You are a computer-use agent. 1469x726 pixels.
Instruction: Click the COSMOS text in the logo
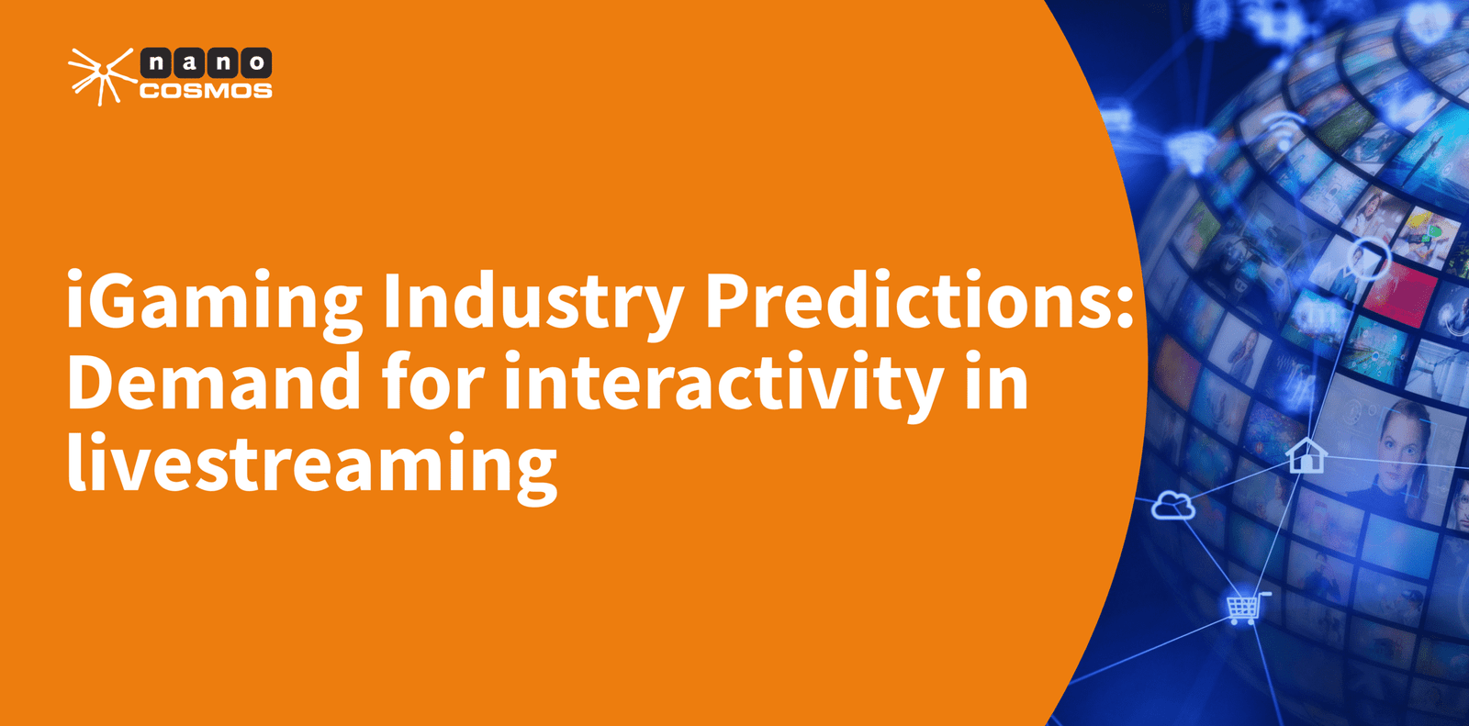pos(206,91)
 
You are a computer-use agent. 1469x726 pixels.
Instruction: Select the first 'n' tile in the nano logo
pos(155,63)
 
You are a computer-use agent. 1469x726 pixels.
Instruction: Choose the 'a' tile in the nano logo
pos(189,63)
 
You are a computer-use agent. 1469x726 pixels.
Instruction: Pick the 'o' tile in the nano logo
pos(256,63)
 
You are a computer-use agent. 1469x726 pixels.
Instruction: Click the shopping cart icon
pos(1247,608)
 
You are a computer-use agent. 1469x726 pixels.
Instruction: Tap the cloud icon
pos(1173,506)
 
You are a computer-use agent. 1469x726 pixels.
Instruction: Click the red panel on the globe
pos(1400,295)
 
